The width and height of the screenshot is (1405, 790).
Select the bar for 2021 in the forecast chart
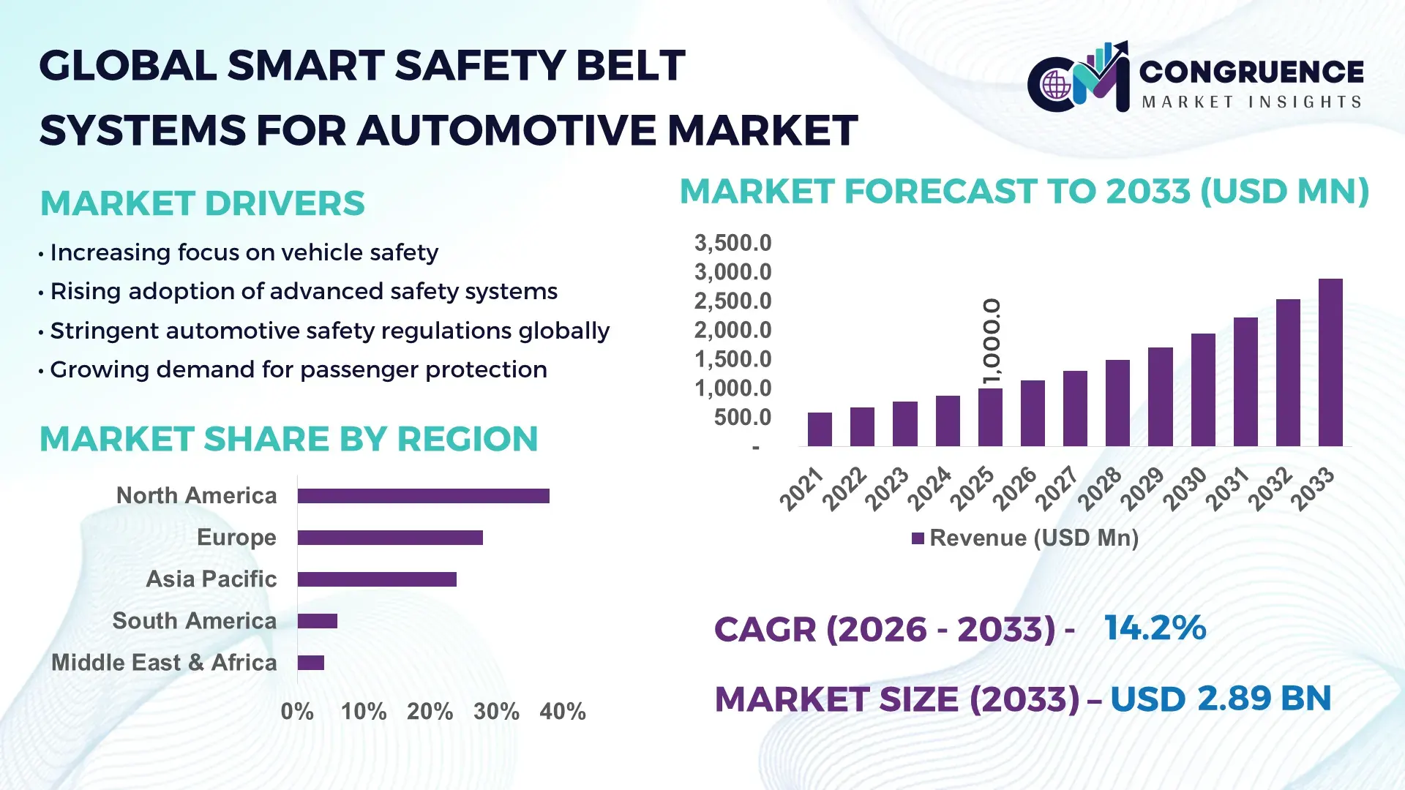pyautogui.click(x=819, y=429)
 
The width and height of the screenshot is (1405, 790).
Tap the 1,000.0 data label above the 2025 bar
pyautogui.click(x=992, y=341)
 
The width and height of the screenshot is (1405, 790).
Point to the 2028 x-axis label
pyautogui.click(x=1100, y=489)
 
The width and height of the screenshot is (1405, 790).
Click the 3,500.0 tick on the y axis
pyautogui.click(x=733, y=243)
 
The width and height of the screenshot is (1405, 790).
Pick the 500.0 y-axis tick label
pyautogui.click(x=742, y=418)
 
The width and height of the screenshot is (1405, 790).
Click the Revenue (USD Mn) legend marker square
pyautogui.click(x=918, y=538)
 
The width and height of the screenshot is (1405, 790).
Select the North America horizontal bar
pyautogui.click(x=423, y=496)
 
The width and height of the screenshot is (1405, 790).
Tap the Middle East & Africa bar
pyautogui.click(x=310, y=663)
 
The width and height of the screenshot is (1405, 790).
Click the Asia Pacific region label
pyautogui.click(x=211, y=579)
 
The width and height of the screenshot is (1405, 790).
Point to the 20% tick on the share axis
pyautogui.click(x=430, y=712)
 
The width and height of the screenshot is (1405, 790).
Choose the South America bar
pyautogui.click(x=317, y=621)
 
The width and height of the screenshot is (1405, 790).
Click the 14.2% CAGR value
pyautogui.click(x=1154, y=628)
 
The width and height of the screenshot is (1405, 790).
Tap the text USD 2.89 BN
pyautogui.click(x=1220, y=699)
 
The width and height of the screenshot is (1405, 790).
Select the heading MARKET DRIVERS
pyautogui.click(x=202, y=203)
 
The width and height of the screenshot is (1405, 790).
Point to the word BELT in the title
pyautogui.click(x=629, y=66)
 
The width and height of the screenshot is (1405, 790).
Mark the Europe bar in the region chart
pyautogui.click(x=389, y=538)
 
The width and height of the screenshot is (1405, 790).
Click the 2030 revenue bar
pyautogui.click(x=1202, y=390)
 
